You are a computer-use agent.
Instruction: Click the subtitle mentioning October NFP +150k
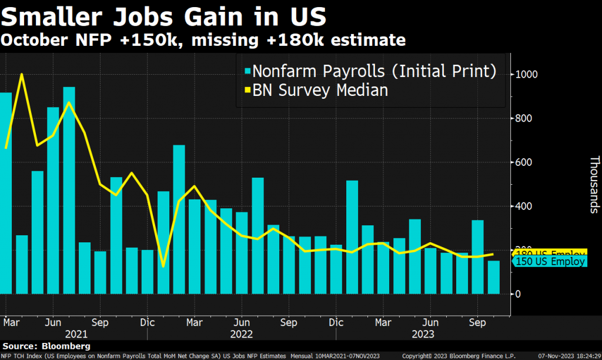click(203, 40)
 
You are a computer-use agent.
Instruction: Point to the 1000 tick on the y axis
click(526, 75)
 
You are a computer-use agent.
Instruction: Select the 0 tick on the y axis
click(518, 294)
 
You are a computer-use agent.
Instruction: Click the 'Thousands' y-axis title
click(594, 184)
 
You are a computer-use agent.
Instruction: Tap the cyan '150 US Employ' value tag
click(550, 262)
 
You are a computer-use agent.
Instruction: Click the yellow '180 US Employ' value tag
click(550, 253)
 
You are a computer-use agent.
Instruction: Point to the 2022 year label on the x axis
click(241, 334)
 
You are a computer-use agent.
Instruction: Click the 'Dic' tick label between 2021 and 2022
click(148, 323)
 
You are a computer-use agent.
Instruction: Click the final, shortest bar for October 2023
click(493, 277)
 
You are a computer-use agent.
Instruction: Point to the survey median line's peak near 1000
click(22, 75)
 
